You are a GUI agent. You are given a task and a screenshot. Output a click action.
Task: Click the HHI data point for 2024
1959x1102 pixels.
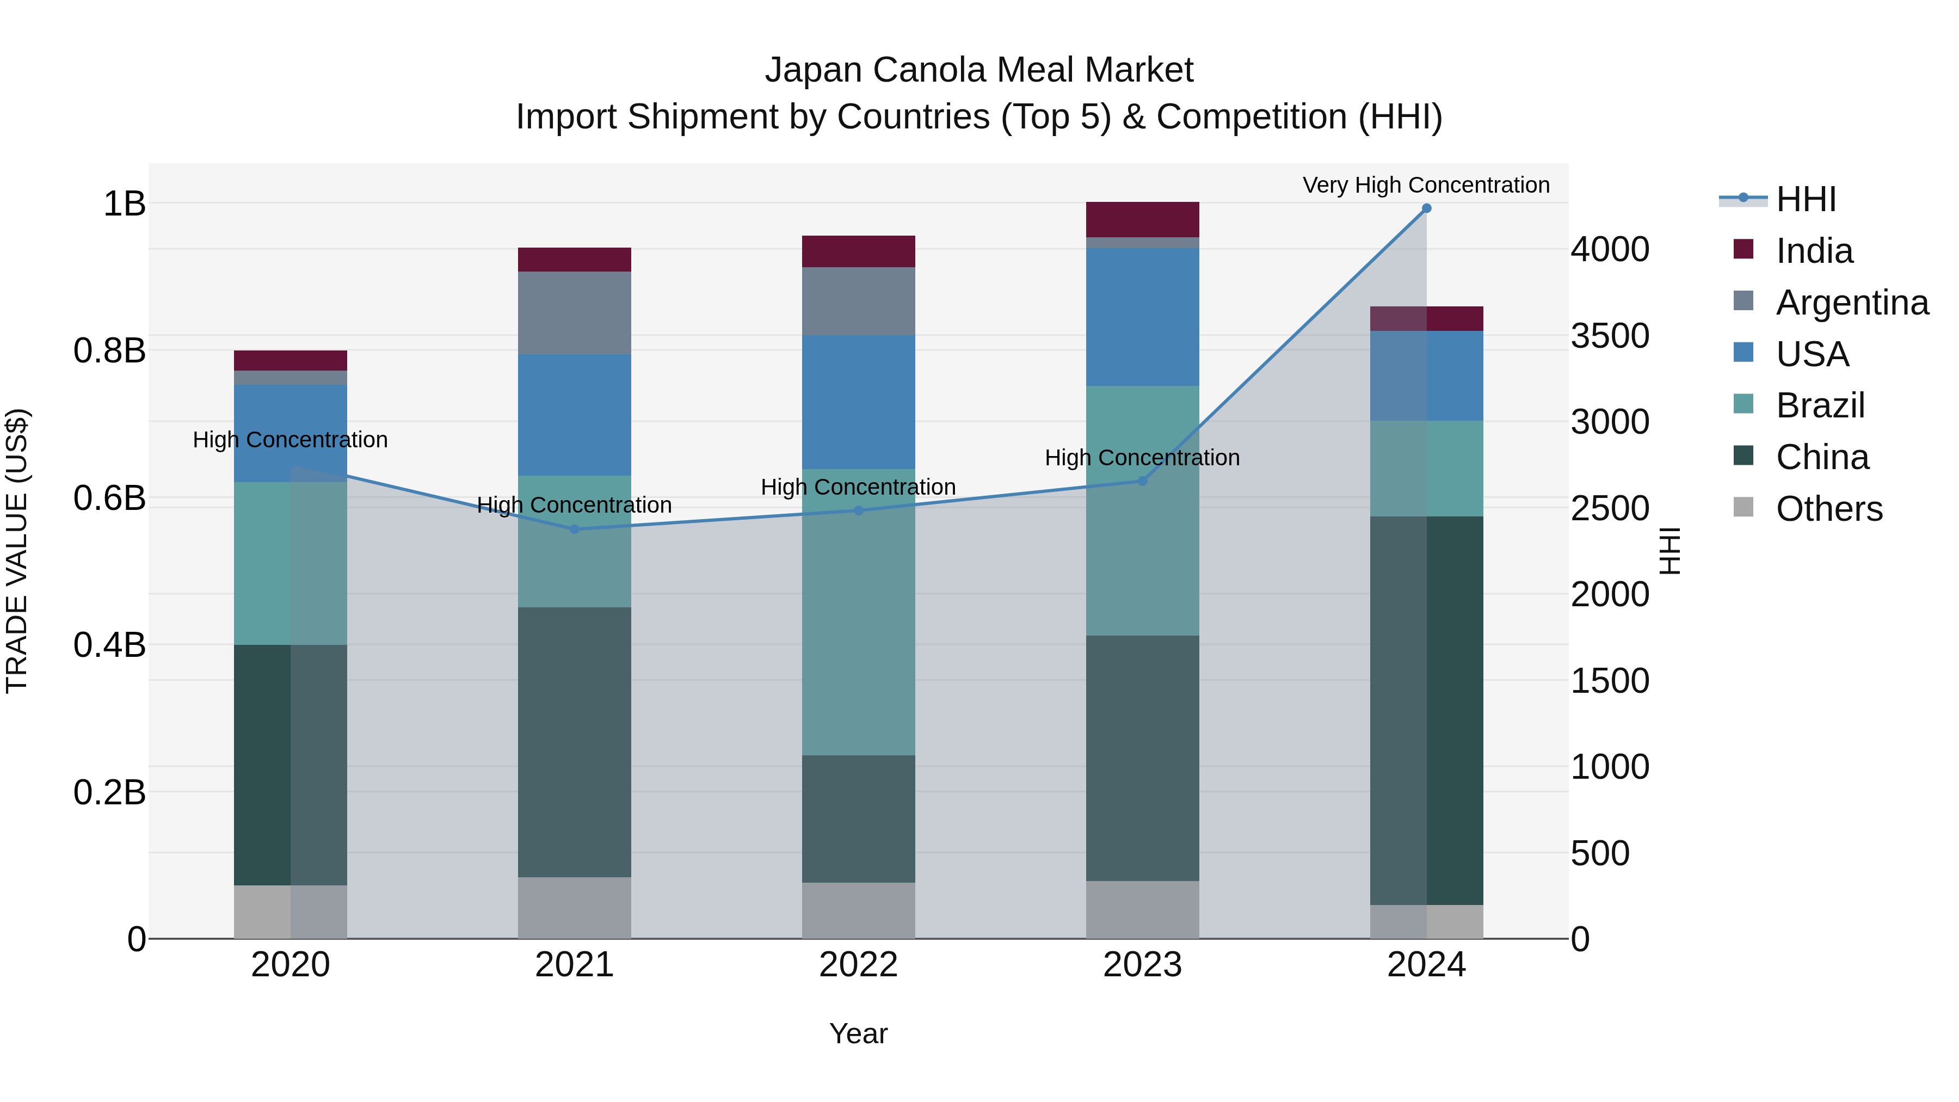pyautogui.click(x=1426, y=208)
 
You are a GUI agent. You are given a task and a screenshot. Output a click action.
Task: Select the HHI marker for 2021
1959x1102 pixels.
pyautogui.click(x=574, y=530)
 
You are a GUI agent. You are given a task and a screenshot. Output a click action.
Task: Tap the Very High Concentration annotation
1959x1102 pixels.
pyautogui.click(x=1426, y=185)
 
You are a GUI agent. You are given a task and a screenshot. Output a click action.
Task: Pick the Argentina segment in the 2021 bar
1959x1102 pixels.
pyautogui.click(x=574, y=312)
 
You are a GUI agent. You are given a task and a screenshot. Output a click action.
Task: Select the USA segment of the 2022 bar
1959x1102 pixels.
pyautogui.click(x=859, y=402)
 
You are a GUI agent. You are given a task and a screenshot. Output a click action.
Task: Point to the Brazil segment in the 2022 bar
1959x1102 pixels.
pyautogui.click(x=859, y=612)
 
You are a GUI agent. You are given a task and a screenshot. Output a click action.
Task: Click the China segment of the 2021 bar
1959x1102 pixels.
pyautogui.click(x=574, y=742)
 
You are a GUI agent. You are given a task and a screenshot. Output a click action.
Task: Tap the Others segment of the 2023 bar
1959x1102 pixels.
pyautogui.click(x=1142, y=909)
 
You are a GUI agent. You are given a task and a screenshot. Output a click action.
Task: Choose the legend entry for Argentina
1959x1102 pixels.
pyautogui.click(x=1852, y=302)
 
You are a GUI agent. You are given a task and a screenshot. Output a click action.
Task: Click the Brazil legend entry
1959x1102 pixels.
pyautogui.click(x=1820, y=405)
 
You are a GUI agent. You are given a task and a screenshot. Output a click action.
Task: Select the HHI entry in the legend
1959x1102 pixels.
pyautogui.click(x=1806, y=199)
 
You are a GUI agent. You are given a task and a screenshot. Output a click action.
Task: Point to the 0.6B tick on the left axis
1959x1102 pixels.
pyautogui.click(x=109, y=498)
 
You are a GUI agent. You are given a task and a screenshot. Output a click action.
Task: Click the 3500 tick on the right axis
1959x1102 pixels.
pyautogui.click(x=1610, y=336)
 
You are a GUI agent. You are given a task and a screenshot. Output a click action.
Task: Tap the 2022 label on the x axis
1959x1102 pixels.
pyautogui.click(x=859, y=965)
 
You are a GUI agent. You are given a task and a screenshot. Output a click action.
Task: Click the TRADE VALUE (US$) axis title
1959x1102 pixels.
pyautogui.click(x=17, y=551)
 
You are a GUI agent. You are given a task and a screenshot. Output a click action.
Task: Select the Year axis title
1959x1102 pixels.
pyautogui.click(x=859, y=1033)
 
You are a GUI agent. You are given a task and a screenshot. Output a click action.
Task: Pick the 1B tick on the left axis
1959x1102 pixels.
pyautogui.click(x=125, y=204)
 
